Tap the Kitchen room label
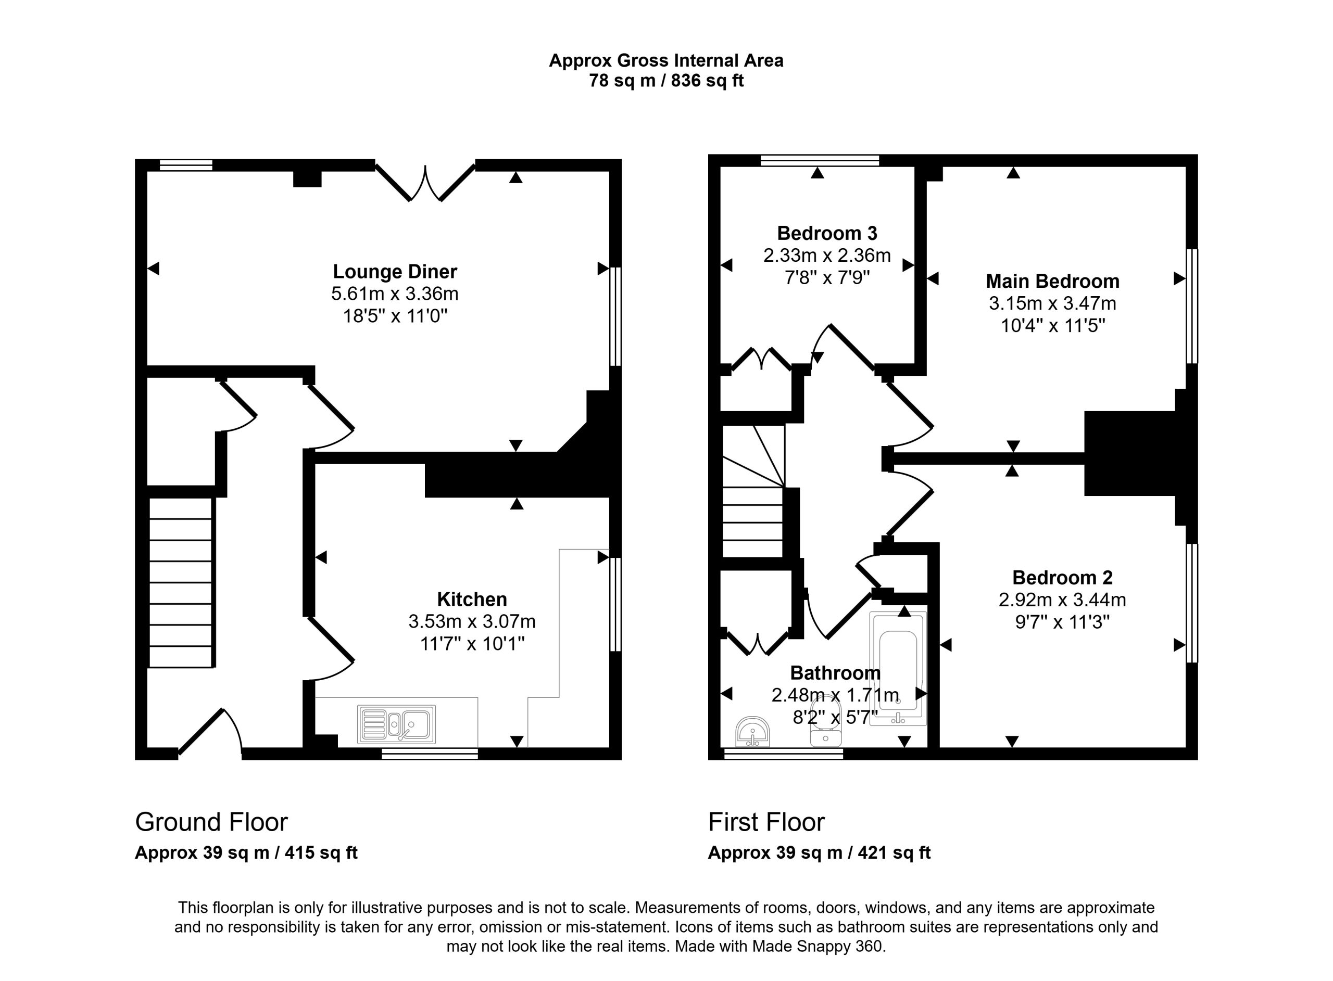(x=472, y=598)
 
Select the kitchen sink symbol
(x=396, y=724)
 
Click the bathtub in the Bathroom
(x=898, y=668)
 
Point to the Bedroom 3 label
(x=827, y=233)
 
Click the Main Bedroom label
(x=1053, y=281)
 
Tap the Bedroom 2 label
(x=1062, y=577)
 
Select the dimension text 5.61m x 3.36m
(x=395, y=294)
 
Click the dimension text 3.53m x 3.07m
(x=472, y=621)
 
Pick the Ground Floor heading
(x=211, y=822)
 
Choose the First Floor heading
(x=766, y=822)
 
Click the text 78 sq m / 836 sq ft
(x=666, y=80)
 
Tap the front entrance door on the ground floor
(x=210, y=733)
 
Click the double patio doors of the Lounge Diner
(x=425, y=182)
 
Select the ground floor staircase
(x=181, y=582)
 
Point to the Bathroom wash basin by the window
(x=752, y=732)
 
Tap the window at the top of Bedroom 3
(x=820, y=160)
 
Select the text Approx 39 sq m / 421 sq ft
(x=819, y=853)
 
